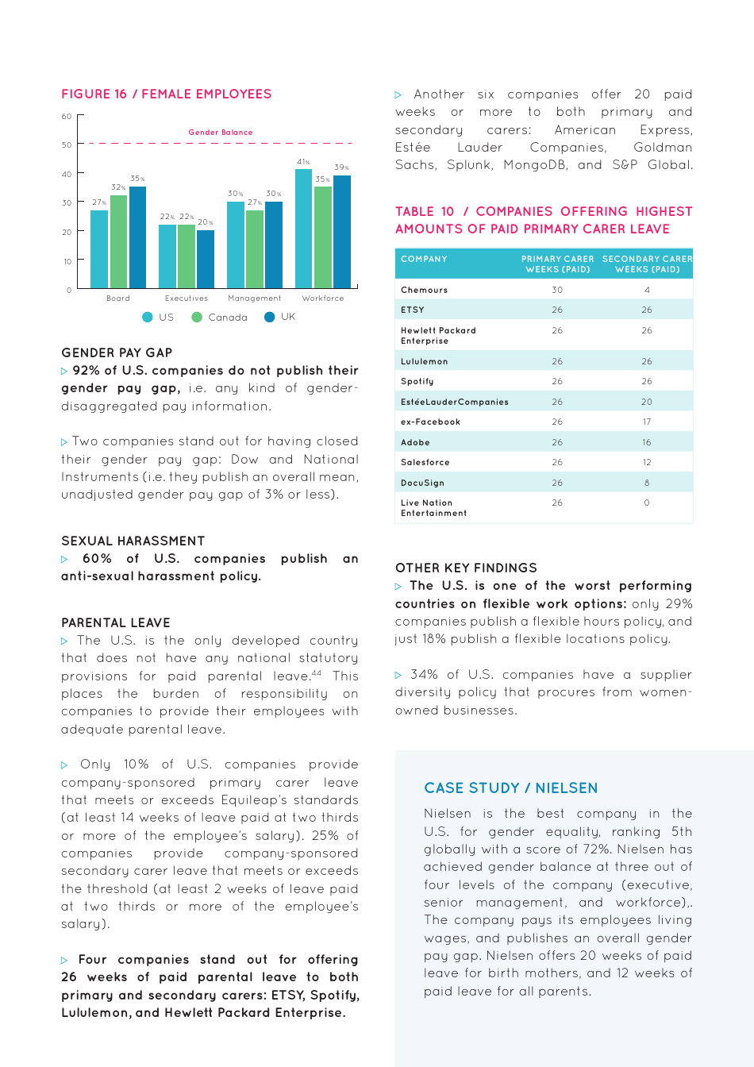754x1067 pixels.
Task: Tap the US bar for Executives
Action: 167,256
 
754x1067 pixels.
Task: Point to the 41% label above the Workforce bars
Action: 303,162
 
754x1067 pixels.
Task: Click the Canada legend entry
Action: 220,317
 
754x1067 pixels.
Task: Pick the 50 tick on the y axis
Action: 67,145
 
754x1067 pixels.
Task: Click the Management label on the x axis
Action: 254,299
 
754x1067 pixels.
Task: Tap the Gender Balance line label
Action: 221,133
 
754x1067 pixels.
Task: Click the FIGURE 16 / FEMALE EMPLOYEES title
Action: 167,94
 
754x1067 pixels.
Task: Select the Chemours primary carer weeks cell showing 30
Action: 557,290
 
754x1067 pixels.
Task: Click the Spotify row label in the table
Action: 417,381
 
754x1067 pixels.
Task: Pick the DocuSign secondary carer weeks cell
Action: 647,483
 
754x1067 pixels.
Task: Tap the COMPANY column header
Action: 424,259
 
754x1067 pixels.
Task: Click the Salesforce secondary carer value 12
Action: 647,462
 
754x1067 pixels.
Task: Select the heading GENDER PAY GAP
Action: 117,352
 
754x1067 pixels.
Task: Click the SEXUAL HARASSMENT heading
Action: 133,541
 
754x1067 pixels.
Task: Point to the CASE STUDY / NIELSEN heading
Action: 511,788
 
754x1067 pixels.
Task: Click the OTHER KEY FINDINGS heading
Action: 466,568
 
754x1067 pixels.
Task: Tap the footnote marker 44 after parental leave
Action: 316,673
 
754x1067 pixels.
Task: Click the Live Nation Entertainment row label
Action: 433,508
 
